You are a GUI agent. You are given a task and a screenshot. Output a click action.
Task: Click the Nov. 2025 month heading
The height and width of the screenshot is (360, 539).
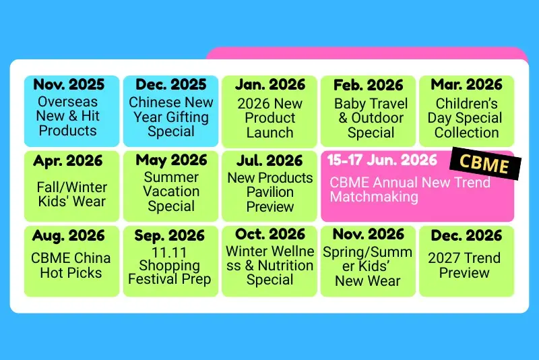[69, 85]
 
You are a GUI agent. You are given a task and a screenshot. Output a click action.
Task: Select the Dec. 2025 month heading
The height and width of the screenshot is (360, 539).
[171, 85]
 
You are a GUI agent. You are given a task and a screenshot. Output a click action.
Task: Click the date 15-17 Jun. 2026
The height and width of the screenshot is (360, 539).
[381, 161]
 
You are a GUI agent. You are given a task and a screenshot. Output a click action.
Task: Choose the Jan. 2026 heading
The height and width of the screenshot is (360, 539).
[270, 85]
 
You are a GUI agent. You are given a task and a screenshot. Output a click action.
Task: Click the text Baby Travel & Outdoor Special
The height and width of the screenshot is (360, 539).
[371, 118]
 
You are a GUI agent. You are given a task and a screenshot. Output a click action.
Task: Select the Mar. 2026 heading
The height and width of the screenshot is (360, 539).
[466, 85]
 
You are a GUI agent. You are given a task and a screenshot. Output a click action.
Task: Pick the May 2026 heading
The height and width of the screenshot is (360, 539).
[171, 160]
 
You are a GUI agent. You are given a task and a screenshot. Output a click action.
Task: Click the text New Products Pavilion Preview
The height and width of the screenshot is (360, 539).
[270, 192]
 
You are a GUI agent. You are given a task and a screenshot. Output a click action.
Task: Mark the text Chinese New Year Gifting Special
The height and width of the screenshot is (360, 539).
[171, 117]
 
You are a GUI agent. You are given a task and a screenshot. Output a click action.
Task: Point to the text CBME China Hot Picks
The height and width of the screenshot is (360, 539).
[71, 265]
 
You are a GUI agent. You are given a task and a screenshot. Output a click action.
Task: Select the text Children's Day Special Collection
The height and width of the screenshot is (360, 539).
[466, 118]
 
